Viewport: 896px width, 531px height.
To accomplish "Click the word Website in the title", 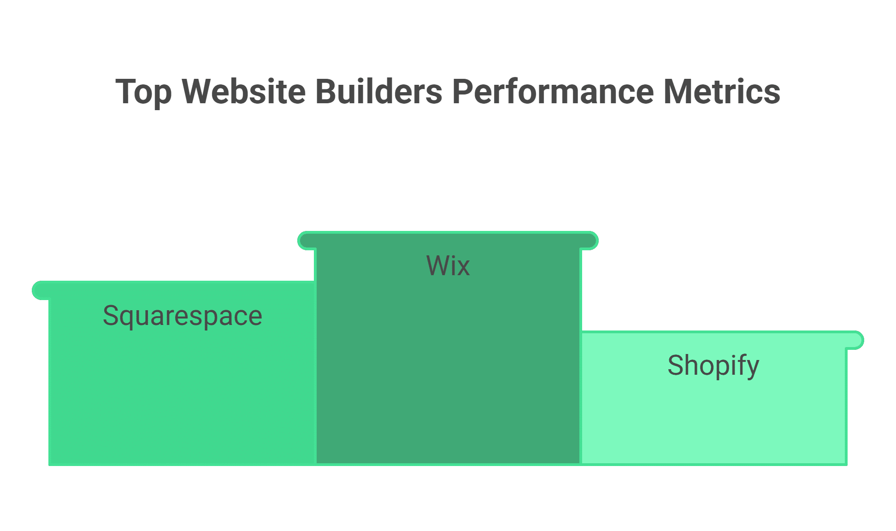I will point(243,91).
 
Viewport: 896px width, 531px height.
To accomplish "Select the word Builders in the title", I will point(379,91).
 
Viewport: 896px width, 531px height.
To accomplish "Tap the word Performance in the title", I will point(553,91).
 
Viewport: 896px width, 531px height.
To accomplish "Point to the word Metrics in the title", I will point(721,91).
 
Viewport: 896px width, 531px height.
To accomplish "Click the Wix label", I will point(448,266).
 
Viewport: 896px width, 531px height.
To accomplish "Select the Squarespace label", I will point(183,316).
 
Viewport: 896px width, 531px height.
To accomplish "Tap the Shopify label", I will point(713,366).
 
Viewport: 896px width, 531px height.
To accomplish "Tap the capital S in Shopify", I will point(676,366).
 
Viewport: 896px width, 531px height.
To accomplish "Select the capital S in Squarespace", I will point(111,316).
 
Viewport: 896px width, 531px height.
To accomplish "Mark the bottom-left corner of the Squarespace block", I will point(50,464).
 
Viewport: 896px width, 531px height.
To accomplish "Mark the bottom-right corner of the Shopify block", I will point(846,464).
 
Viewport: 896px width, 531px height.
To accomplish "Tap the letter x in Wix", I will point(464,268).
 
